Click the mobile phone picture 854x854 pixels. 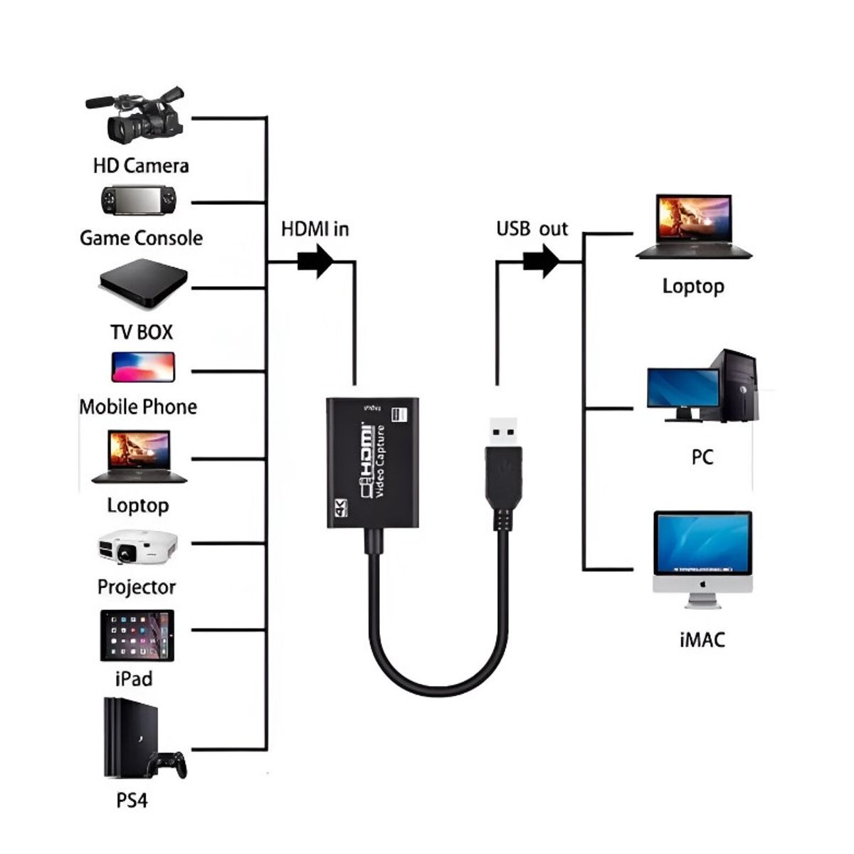point(142,367)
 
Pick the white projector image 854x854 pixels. point(137,547)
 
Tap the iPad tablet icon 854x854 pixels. point(137,635)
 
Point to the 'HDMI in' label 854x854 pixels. point(315,229)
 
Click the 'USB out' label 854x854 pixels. point(532,229)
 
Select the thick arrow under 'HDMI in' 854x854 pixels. point(315,261)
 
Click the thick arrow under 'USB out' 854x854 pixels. point(542,261)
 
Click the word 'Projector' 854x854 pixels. point(137,587)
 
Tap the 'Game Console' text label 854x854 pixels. point(141,238)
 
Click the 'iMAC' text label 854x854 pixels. point(702,640)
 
